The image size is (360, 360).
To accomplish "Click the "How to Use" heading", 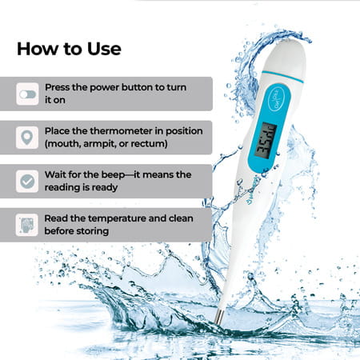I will pyautogui.click(x=69, y=48).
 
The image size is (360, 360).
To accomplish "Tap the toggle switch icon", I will pyautogui.click(x=28, y=94).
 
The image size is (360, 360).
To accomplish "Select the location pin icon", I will pyautogui.click(x=28, y=138).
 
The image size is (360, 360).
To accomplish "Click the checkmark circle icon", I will pyautogui.click(x=28, y=182).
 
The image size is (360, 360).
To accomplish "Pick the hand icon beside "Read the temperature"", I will pyautogui.click(x=28, y=224).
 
